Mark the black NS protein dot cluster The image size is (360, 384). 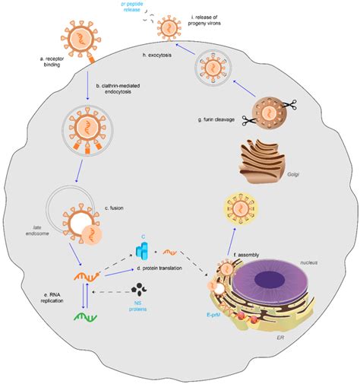coord(138,289)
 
